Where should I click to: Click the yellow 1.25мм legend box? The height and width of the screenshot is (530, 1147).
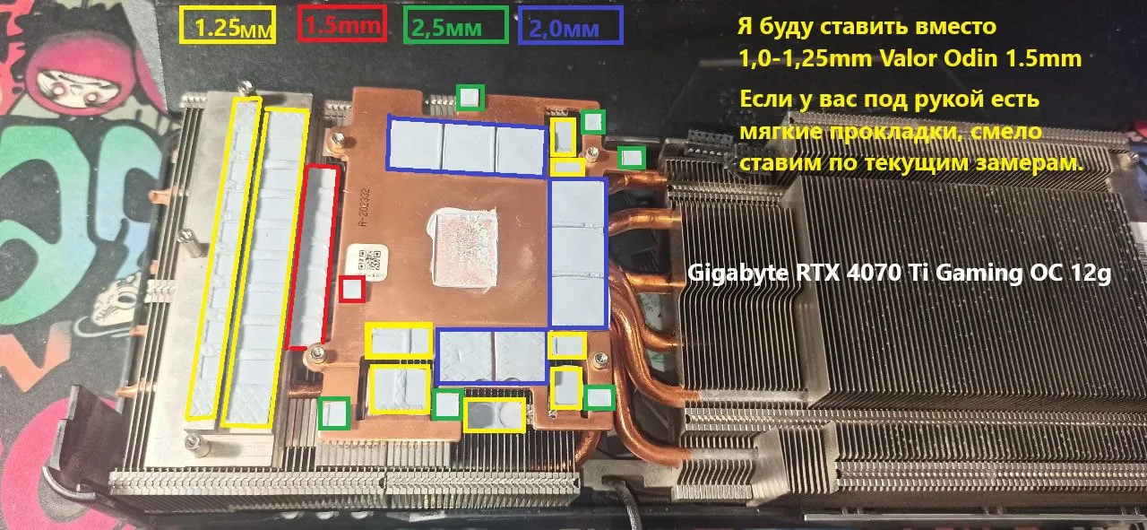pos(228,24)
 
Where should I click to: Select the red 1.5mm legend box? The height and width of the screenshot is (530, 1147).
pos(341,23)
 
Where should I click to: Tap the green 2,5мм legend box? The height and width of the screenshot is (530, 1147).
pos(456,24)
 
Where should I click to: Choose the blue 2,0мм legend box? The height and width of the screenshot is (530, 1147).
pos(571,25)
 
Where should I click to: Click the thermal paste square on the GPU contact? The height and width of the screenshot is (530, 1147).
pos(464,248)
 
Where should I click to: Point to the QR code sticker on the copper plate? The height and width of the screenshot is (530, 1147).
pos(368,262)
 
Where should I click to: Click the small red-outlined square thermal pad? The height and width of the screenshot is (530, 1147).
pos(352,290)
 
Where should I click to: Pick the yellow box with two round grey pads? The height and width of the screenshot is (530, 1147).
pos(495,414)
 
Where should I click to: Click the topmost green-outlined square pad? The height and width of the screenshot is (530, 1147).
pos(470,97)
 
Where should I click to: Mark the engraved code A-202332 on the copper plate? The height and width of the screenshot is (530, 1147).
pos(364,208)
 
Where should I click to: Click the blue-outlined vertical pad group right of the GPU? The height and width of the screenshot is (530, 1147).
pos(578,253)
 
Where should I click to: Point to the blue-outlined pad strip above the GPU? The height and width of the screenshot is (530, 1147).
pos(466,146)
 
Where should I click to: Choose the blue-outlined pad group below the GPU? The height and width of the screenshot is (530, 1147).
pos(493,357)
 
